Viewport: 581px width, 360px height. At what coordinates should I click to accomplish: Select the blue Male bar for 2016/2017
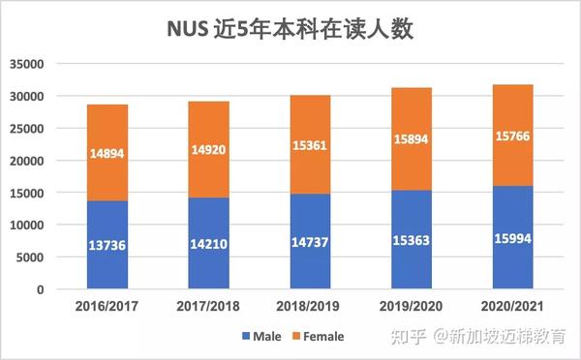(x=107, y=244)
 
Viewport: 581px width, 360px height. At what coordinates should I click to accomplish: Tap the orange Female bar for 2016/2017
(x=107, y=152)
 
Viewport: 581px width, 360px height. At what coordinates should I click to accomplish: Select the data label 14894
(x=107, y=153)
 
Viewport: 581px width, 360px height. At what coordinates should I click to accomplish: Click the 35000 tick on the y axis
(x=29, y=65)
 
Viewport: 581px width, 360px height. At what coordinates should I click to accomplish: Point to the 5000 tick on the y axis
(x=33, y=257)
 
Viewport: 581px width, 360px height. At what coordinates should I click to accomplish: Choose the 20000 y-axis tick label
(x=29, y=161)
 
